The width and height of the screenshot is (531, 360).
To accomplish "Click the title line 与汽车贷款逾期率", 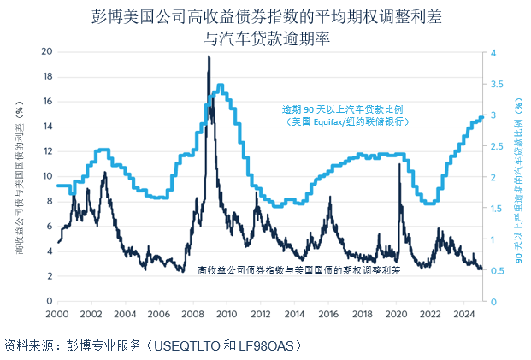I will coord(266,37).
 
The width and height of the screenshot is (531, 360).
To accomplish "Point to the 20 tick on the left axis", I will coord(47,52).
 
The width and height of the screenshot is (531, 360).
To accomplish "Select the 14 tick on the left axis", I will coord(47,127).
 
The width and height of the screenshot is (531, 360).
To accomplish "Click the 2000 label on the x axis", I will coord(57,314).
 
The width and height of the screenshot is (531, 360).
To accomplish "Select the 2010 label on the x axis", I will coord(224,314).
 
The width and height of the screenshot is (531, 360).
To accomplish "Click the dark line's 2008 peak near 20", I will coord(209,56).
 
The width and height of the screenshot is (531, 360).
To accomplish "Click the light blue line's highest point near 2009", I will coord(221,86).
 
